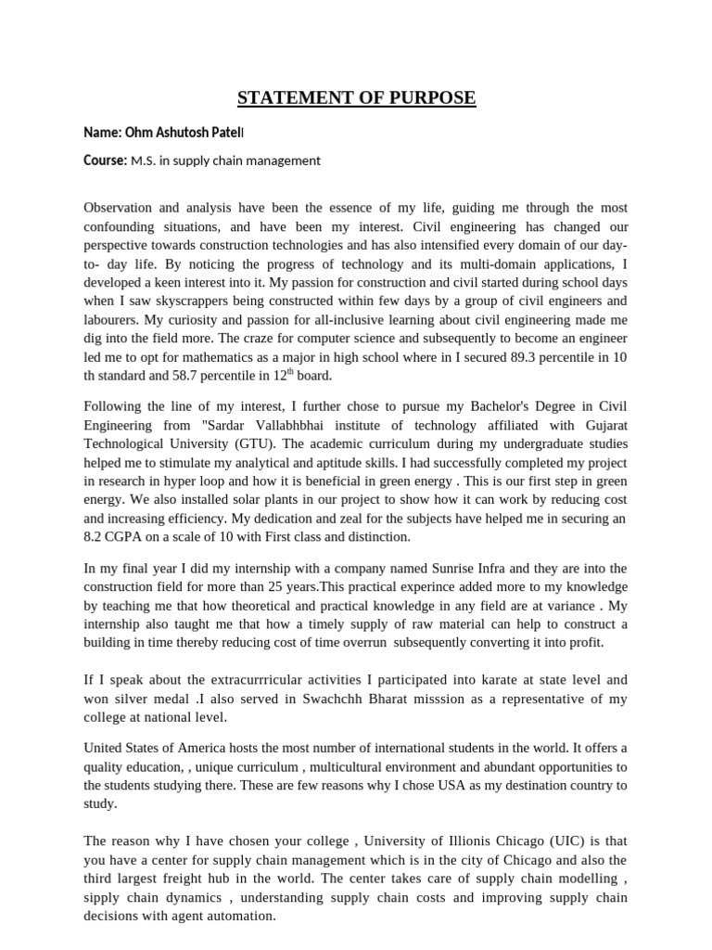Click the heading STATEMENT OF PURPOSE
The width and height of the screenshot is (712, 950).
[x=356, y=98]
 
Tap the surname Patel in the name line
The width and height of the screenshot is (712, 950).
[x=226, y=133]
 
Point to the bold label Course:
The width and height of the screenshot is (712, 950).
[x=105, y=160]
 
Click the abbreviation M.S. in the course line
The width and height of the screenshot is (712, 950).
[x=145, y=160]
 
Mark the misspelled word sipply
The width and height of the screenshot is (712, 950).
[x=105, y=897]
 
